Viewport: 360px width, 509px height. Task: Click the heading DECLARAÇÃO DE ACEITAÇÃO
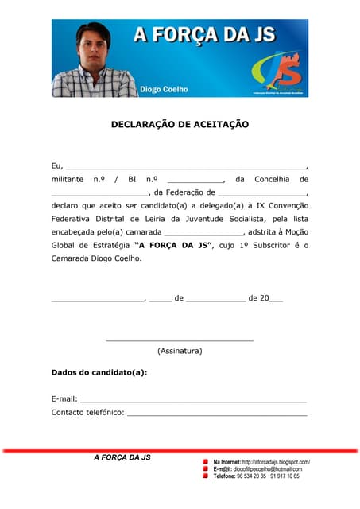[x=180, y=125]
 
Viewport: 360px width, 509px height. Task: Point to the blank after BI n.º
[x=195, y=181]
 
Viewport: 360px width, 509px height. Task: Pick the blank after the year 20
[x=276, y=300]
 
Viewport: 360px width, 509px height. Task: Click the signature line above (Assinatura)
[x=180, y=340]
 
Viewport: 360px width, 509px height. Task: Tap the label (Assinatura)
[x=180, y=351]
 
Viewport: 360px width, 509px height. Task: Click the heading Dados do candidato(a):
[x=99, y=372]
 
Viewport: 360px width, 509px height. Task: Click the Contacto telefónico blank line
[x=216, y=414]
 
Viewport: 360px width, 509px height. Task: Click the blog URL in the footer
[x=276, y=462]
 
